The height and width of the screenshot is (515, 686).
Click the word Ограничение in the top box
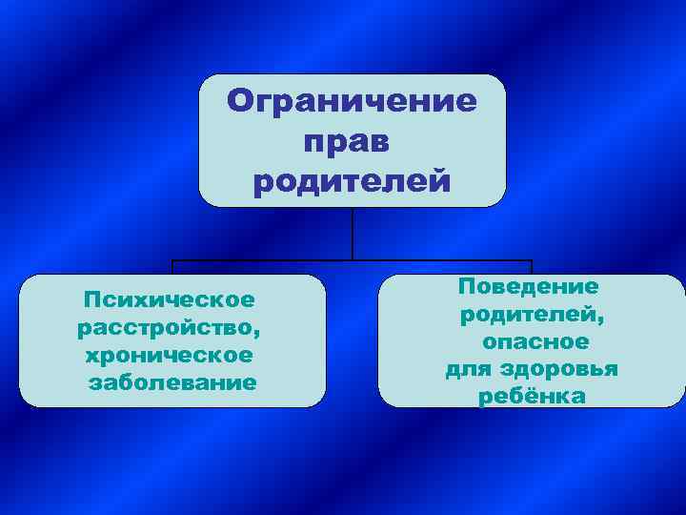point(353,101)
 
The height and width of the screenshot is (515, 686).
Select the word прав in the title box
point(347,141)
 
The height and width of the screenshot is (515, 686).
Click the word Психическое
point(170,300)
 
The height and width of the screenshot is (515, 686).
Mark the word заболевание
point(172,383)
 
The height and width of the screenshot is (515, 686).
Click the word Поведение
point(529,286)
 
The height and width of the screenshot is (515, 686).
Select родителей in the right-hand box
point(527,314)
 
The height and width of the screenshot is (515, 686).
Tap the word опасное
point(535,341)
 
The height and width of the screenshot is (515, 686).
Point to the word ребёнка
point(532,397)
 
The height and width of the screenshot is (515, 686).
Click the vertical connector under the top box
point(353,233)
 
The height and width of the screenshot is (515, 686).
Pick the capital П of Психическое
point(91,300)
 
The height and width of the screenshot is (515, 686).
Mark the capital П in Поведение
point(466,286)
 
